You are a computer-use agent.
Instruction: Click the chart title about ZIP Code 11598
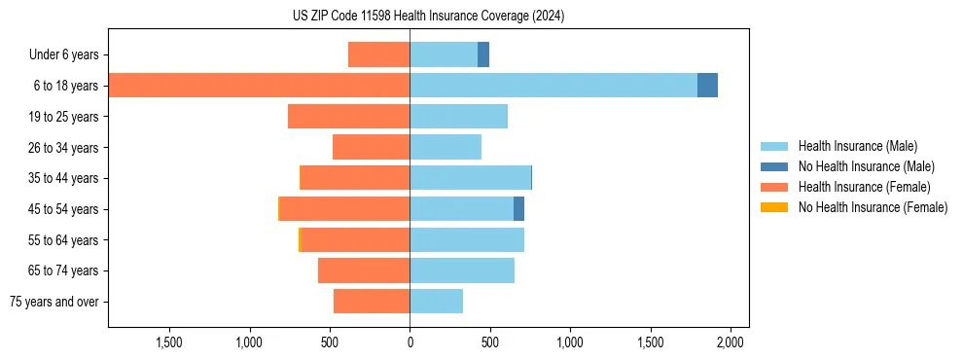pyautogui.click(x=428, y=17)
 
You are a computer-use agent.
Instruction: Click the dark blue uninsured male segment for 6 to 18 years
pyautogui.click(x=707, y=86)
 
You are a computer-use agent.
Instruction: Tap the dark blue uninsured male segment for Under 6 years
pyautogui.click(x=483, y=54)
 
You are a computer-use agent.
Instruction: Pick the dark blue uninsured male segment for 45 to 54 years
pyautogui.click(x=518, y=209)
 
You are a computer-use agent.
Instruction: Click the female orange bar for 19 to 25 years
pyautogui.click(x=348, y=117)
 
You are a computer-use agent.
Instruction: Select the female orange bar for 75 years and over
pyautogui.click(x=372, y=302)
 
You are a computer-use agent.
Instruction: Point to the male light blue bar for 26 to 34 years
pyautogui.click(x=446, y=147)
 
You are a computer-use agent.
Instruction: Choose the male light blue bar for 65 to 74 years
pyautogui.click(x=462, y=270)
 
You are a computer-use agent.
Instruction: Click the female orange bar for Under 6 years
pyautogui.click(x=378, y=54)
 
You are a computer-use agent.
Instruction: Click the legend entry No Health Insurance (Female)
pyautogui.click(x=873, y=207)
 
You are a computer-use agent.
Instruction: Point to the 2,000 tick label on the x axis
pyautogui.click(x=731, y=342)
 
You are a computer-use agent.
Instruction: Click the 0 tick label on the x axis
pyautogui.click(x=410, y=342)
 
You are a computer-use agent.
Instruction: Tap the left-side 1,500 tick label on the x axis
pyautogui.click(x=169, y=342)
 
